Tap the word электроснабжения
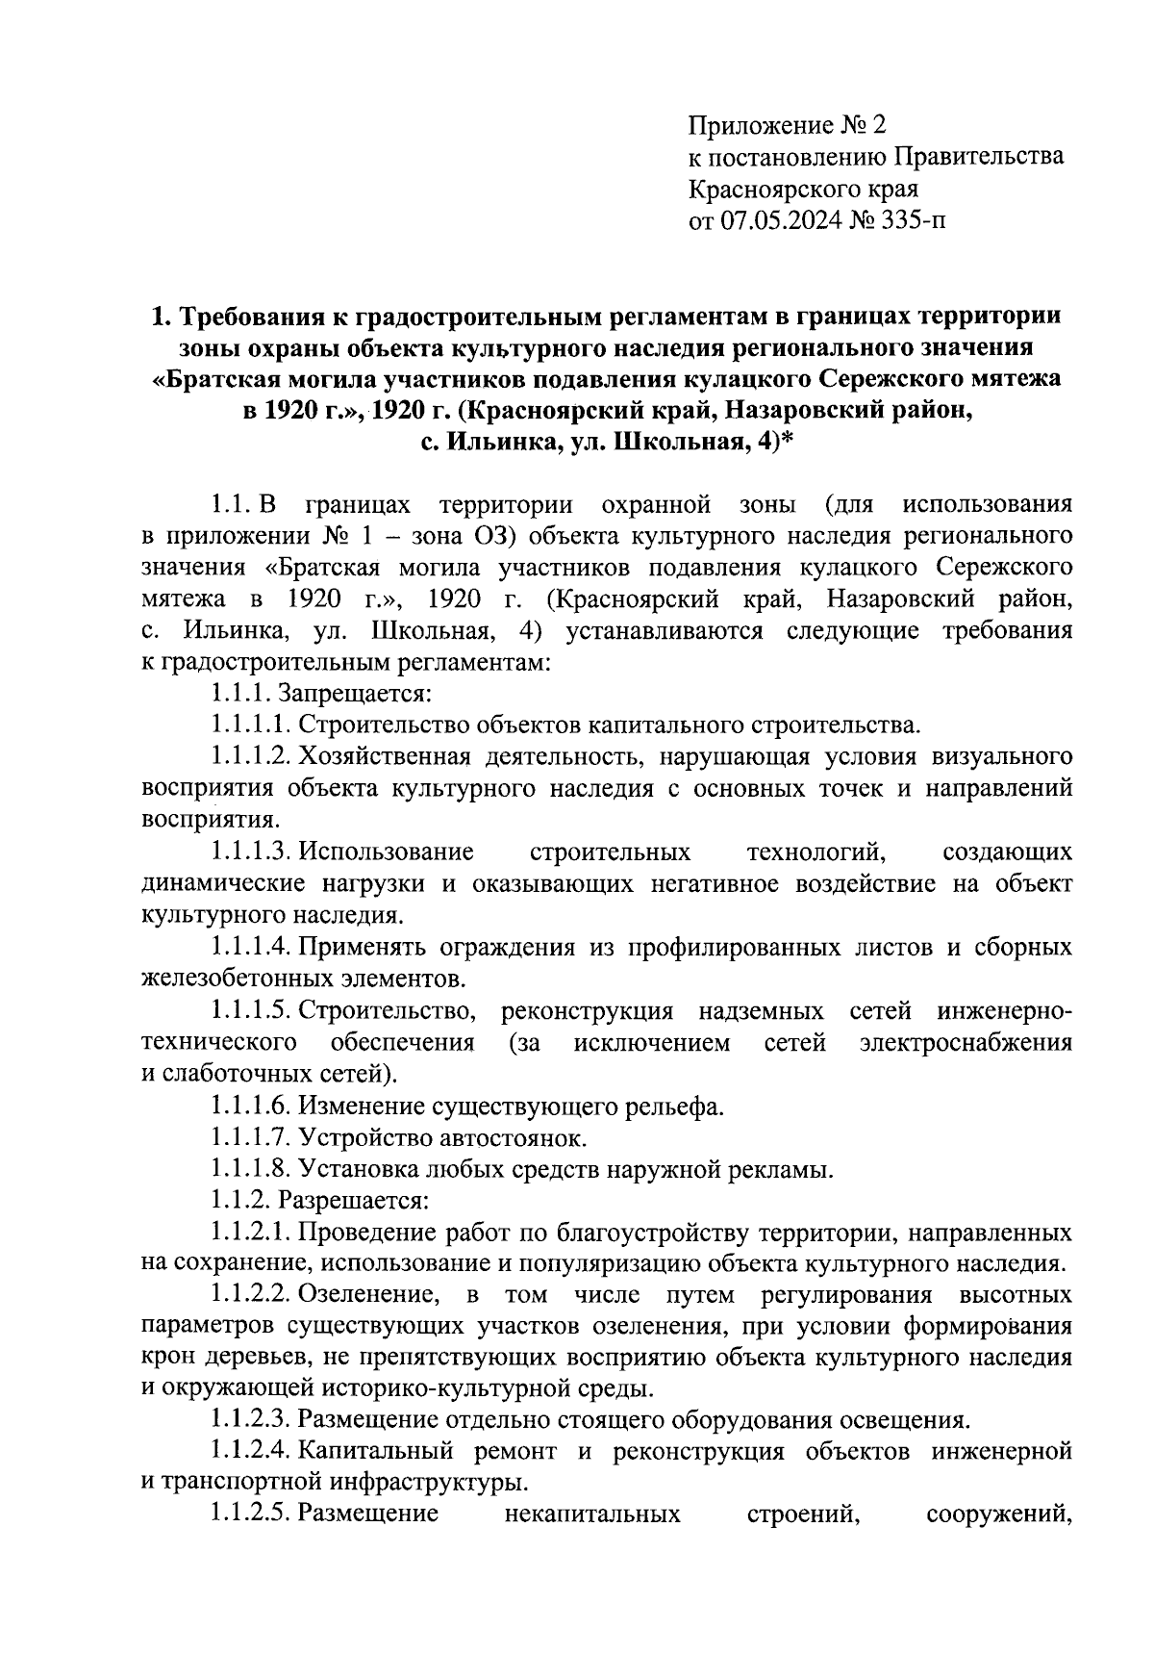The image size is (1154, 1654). (x=966, y=1043)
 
